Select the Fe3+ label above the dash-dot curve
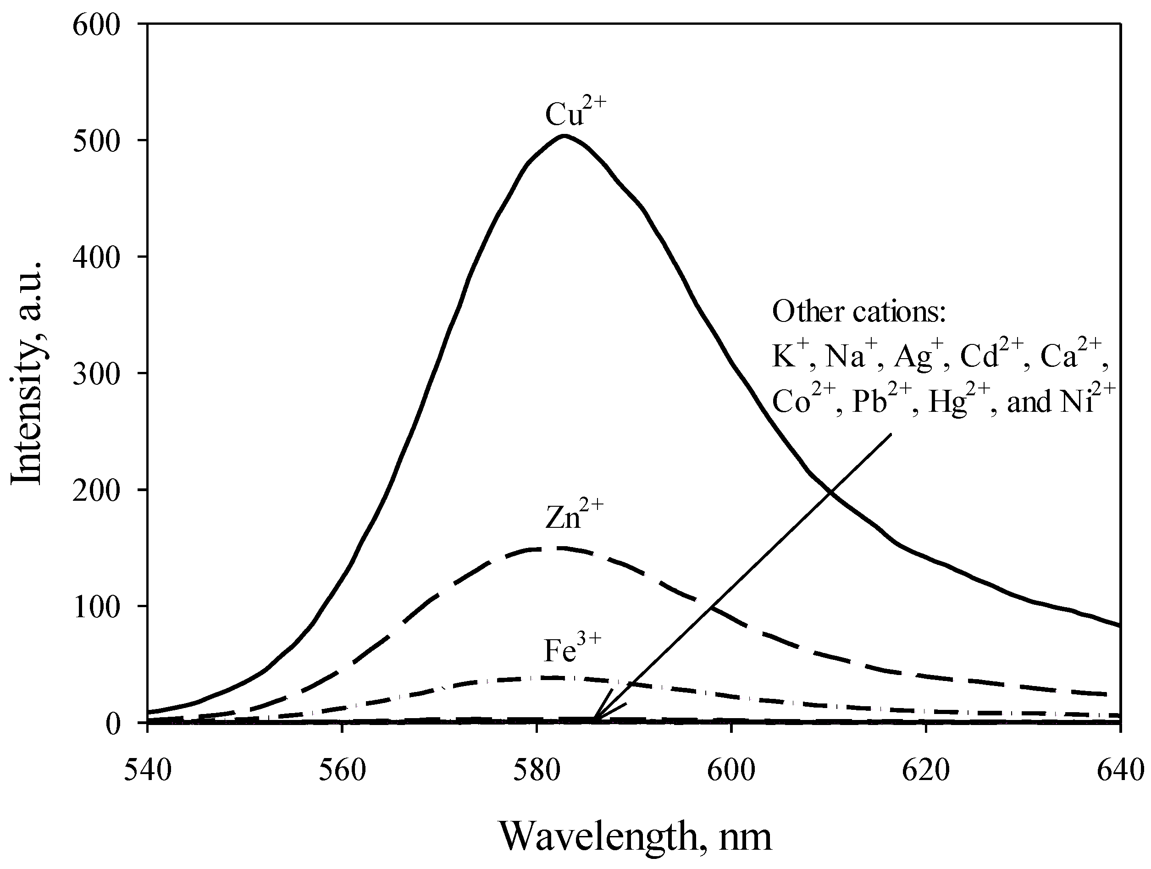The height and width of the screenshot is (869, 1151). [571, 649]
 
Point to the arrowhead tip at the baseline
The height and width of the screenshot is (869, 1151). [595, 721]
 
